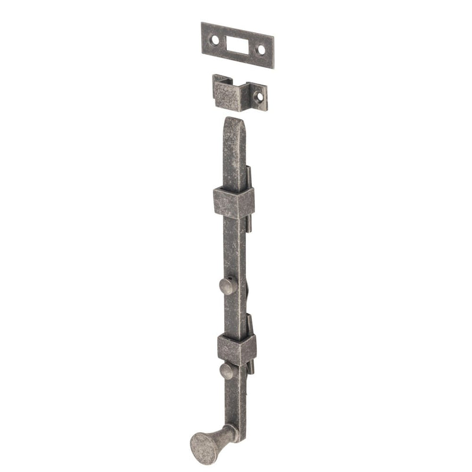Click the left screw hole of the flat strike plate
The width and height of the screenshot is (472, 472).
215,40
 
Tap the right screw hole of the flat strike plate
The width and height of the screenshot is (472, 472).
261,50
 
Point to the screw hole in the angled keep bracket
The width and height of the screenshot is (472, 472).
258,96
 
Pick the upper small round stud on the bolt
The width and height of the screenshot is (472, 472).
227,287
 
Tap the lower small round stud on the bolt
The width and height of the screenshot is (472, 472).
227,371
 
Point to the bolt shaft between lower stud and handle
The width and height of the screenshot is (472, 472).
237,401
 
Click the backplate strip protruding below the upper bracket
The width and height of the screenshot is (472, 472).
249,224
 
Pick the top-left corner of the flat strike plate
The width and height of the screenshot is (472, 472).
202,24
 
